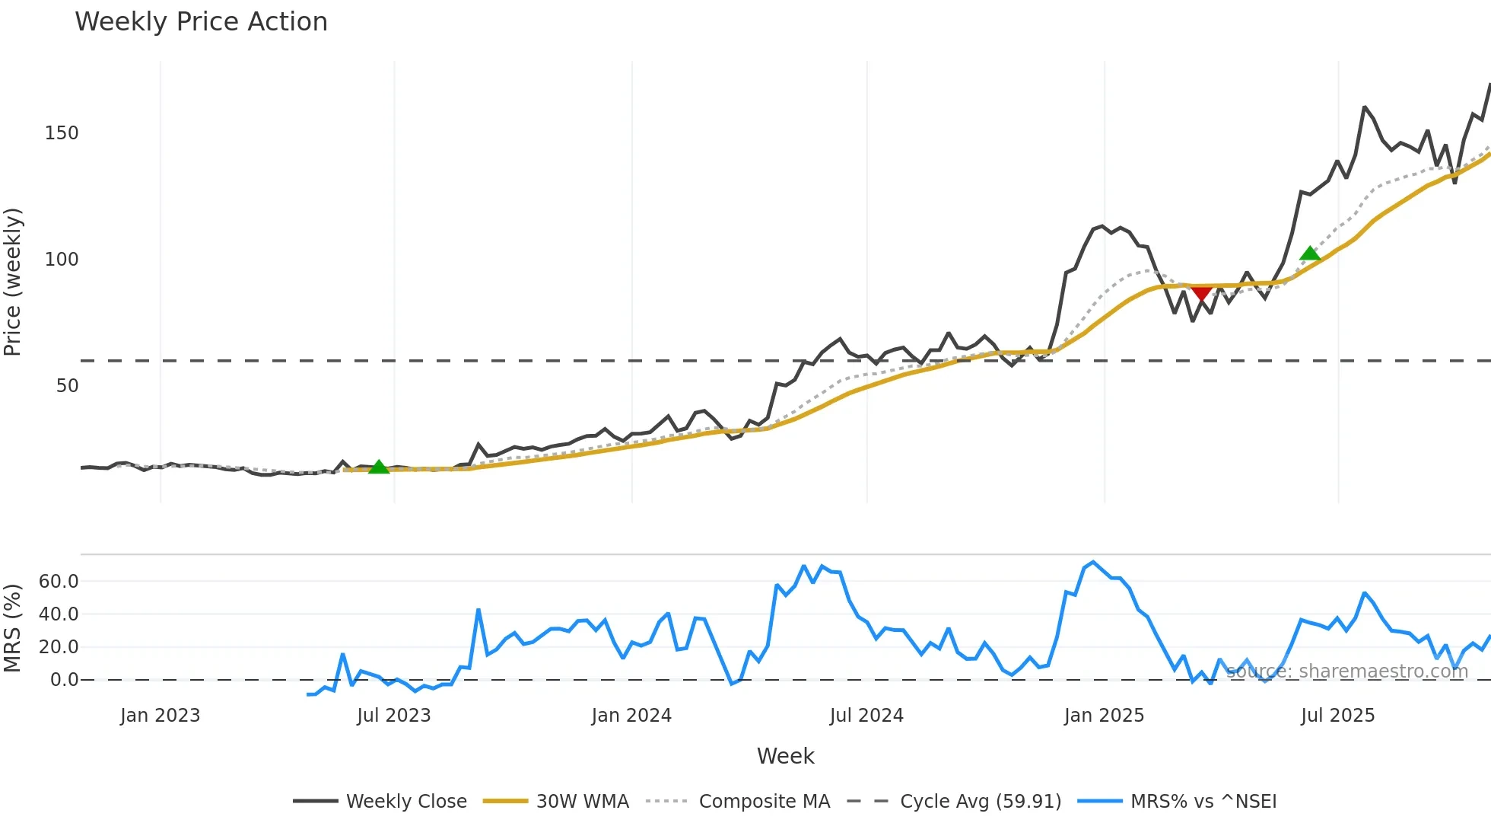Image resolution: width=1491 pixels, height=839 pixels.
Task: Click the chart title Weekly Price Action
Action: coord(201,22)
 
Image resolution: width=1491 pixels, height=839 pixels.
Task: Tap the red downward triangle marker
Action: coord(1201,294)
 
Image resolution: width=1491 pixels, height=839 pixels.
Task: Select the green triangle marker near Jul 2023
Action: coord(378,467)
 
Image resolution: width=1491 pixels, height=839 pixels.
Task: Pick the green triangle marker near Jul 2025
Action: coord(1310,254)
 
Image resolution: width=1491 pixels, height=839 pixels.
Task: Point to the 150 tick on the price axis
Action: coord(62,133)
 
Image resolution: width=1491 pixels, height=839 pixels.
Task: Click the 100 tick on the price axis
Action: coord(62,260)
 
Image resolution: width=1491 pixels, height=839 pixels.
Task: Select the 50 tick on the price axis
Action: coord(67,386)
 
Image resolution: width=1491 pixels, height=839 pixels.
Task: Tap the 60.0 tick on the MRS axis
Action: coord(59,582)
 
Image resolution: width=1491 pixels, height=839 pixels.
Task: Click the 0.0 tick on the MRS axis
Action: coord(64,680)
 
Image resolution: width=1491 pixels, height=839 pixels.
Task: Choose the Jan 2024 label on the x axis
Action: coord(631,716)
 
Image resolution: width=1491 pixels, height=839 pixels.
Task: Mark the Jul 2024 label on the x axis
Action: coord(866,716)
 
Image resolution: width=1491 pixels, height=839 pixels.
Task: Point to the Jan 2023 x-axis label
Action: coord(160,716)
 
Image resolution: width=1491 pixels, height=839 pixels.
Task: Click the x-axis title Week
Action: coord(785,756)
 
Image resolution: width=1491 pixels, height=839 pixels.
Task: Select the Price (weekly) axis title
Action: coord(13,282)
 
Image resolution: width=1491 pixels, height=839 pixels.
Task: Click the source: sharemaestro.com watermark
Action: coord(1346,672)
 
